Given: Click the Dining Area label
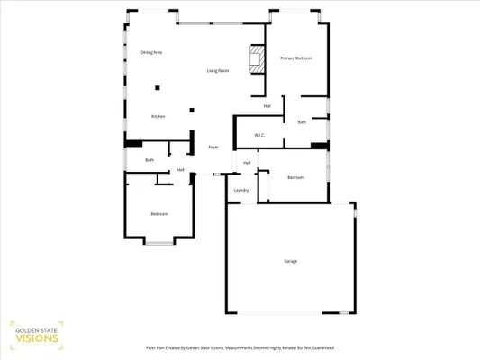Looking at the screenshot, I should (x=151, y=53).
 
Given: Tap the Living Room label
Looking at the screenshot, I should (x=217, y=70).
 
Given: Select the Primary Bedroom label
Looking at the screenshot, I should (x=295, y=58).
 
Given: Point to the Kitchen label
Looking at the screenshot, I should (x=158, y=117).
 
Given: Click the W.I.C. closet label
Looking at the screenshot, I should (x=258, y=136).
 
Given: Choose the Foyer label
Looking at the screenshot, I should (x=213, y=147).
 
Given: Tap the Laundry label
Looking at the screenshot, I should (x=240, y=190).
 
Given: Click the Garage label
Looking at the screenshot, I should (x=291, y=261).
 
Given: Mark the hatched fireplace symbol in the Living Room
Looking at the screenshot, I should (x=257, y=59).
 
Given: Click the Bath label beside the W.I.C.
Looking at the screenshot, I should (x=302, y=121).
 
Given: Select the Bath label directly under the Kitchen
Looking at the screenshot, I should (x=149, y=160).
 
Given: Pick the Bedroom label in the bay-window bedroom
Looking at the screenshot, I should (x=158, y=213).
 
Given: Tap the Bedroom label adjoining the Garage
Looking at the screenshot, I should (x=295, y=177).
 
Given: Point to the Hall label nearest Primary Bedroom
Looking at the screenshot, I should (x=267, y=106).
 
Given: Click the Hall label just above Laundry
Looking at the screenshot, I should (x=246, y=162).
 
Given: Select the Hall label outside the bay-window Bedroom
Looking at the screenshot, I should (x=180, y=170).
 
